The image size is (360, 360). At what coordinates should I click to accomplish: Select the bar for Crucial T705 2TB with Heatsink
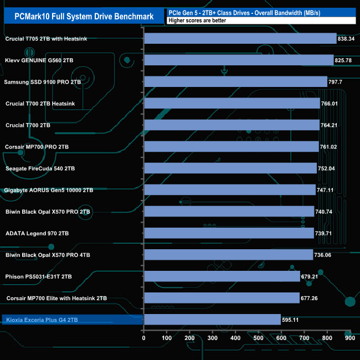point(240,38)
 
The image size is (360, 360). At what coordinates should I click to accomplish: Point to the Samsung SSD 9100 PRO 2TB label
point(43,82)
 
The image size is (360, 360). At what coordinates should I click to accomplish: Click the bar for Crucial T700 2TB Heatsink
point(232,103)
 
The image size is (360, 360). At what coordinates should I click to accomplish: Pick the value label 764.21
point(331,125)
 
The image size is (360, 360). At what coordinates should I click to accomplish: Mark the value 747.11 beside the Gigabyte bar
point(328,190)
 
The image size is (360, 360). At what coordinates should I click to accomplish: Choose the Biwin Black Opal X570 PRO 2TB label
point(48,212)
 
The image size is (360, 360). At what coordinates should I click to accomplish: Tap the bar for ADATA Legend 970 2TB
point(229,233)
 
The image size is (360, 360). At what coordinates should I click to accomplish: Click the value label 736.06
point(325,255)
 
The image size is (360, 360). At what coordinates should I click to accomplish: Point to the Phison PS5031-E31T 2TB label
point(39,276)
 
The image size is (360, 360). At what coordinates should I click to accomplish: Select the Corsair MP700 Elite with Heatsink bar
point(222,298)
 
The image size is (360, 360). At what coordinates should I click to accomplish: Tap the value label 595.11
point(292,320)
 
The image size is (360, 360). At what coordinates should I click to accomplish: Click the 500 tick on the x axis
point(259,338)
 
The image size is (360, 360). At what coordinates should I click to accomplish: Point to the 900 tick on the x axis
point(349,338)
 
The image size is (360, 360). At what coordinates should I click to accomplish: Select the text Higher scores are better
point(197,20)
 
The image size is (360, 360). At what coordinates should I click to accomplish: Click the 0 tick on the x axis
point(144,338)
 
